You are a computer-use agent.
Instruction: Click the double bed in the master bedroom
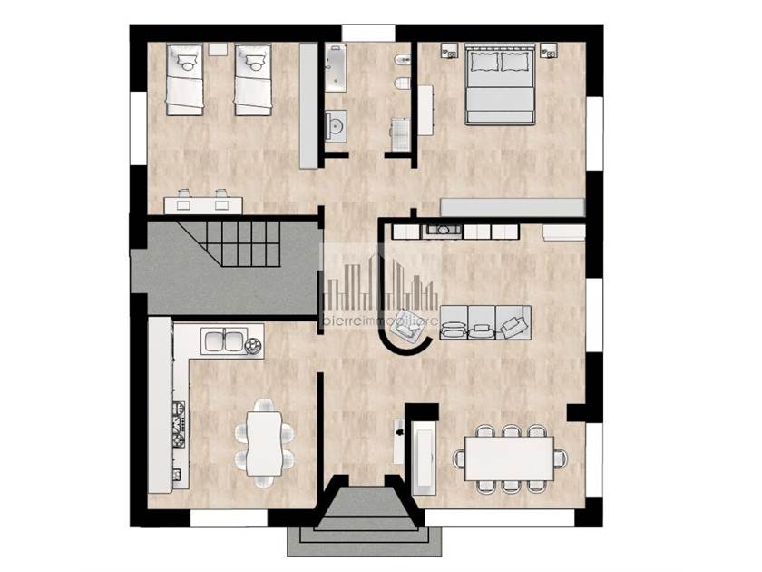click(500, 84)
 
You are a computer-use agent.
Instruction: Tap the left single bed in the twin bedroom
click(185, 80)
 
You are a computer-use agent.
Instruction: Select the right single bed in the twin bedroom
click(253, 80)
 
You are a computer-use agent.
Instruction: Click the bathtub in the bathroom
click(336, 67)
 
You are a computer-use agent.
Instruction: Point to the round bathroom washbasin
click(336, 125)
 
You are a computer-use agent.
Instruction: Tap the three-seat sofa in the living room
click(485, 322)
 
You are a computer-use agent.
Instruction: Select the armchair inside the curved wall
click(406, 326)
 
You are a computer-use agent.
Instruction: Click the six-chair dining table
click(509, 459)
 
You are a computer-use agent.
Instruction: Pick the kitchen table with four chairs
click(264, 443)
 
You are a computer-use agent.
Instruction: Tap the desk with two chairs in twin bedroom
click(203, 202)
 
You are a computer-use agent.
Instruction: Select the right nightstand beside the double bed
click(549, 51)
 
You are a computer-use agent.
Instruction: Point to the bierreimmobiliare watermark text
click(380, 321)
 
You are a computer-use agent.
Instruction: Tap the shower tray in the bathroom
click(400, 133)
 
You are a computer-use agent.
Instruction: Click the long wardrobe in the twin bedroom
click(308, 105)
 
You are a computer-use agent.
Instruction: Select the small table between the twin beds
click(219, 49)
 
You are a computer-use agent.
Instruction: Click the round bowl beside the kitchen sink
click(253, 345)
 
